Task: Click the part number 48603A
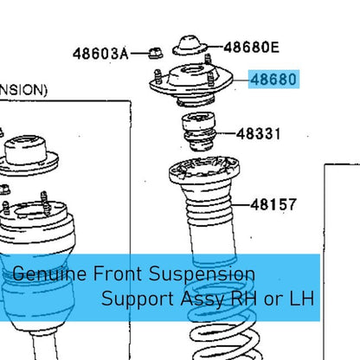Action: point(100,54)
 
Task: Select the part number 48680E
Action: point(252,48)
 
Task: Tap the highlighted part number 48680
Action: point(273,80)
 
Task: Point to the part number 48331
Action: point(258,134)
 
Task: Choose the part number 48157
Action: point(273,205)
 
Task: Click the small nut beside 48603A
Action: point(156,53)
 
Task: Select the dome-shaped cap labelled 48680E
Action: point(190,45)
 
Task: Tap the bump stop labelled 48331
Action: point(200,132)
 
